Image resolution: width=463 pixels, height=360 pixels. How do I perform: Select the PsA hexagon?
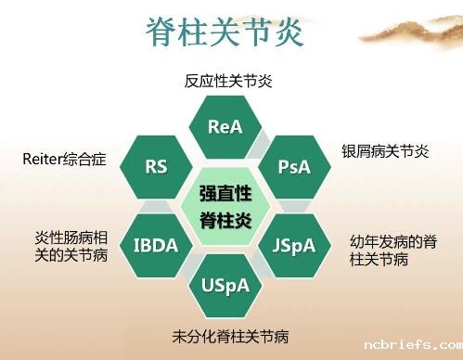294,167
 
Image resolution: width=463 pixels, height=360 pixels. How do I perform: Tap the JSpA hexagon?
294,246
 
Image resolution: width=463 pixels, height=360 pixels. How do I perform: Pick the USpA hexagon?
225,285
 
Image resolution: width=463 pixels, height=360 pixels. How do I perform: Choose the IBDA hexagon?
156,246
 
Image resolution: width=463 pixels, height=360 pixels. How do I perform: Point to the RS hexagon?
156,167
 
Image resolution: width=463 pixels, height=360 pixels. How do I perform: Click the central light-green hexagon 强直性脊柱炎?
225,206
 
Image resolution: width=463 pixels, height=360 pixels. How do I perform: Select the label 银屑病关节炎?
382,151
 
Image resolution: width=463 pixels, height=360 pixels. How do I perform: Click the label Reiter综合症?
64,160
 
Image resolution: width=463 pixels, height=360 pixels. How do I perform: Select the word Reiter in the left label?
43,160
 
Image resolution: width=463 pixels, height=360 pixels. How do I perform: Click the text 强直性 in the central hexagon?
225,194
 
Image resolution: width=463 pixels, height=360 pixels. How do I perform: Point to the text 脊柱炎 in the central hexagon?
225,220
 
